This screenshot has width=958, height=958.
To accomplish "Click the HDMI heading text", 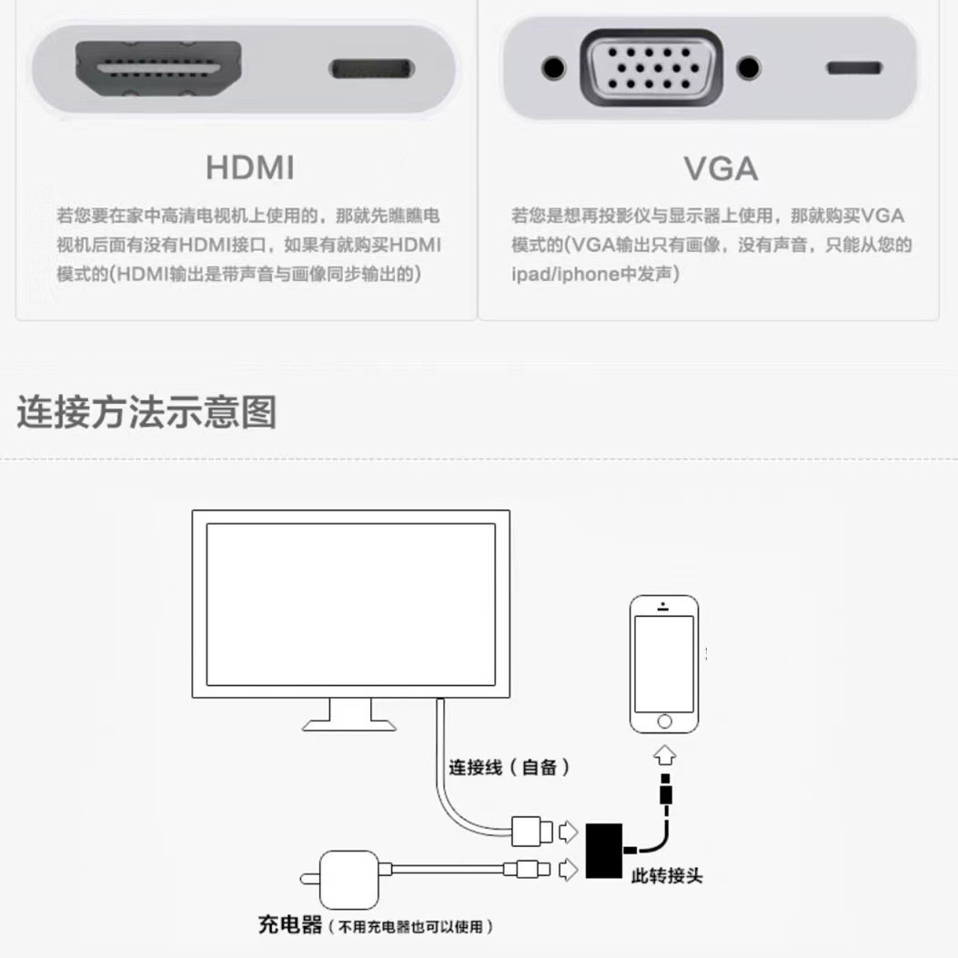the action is click(250, 167).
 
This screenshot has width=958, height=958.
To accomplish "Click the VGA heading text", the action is click(721, 168).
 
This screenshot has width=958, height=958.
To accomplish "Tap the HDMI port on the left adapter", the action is click(158, 68).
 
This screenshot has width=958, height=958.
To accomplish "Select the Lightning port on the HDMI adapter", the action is click(371, 68).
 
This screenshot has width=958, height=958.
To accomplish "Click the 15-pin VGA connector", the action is click(651, 68).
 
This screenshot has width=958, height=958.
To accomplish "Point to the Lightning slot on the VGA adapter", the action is click(854, 68).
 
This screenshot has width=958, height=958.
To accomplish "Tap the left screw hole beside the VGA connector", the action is click(553, 68).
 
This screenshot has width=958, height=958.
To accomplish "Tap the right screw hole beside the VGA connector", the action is click(749, 68).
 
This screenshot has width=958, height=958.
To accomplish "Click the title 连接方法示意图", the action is click(146, 412).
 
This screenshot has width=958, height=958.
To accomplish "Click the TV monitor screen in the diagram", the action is click(350, 604).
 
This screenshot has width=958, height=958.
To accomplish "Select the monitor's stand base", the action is click(348, 726).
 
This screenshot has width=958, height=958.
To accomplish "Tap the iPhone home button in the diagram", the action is click(664, 721).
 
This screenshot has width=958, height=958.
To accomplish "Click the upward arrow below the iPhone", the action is click(664, 755).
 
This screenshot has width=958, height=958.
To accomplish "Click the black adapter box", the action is click(603, 851).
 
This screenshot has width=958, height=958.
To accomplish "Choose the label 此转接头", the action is click(667, 876).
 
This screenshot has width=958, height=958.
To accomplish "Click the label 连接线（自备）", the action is click(509, 767).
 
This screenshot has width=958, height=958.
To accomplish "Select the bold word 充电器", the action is click(289, 924).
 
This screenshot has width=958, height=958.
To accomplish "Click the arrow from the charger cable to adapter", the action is click(569, 870).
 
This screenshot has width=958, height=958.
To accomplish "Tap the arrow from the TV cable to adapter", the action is click(569, 832).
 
